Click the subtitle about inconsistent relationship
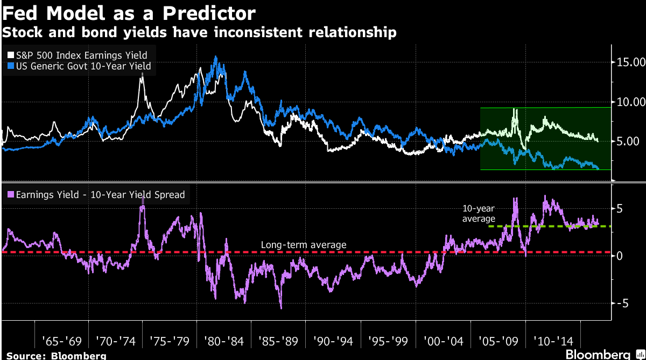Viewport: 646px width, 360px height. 200,33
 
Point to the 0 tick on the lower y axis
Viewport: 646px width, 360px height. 620,256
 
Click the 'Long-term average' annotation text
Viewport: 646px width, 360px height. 304,245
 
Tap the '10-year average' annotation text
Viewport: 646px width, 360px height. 479,213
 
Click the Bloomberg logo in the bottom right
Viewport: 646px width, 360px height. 598,354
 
